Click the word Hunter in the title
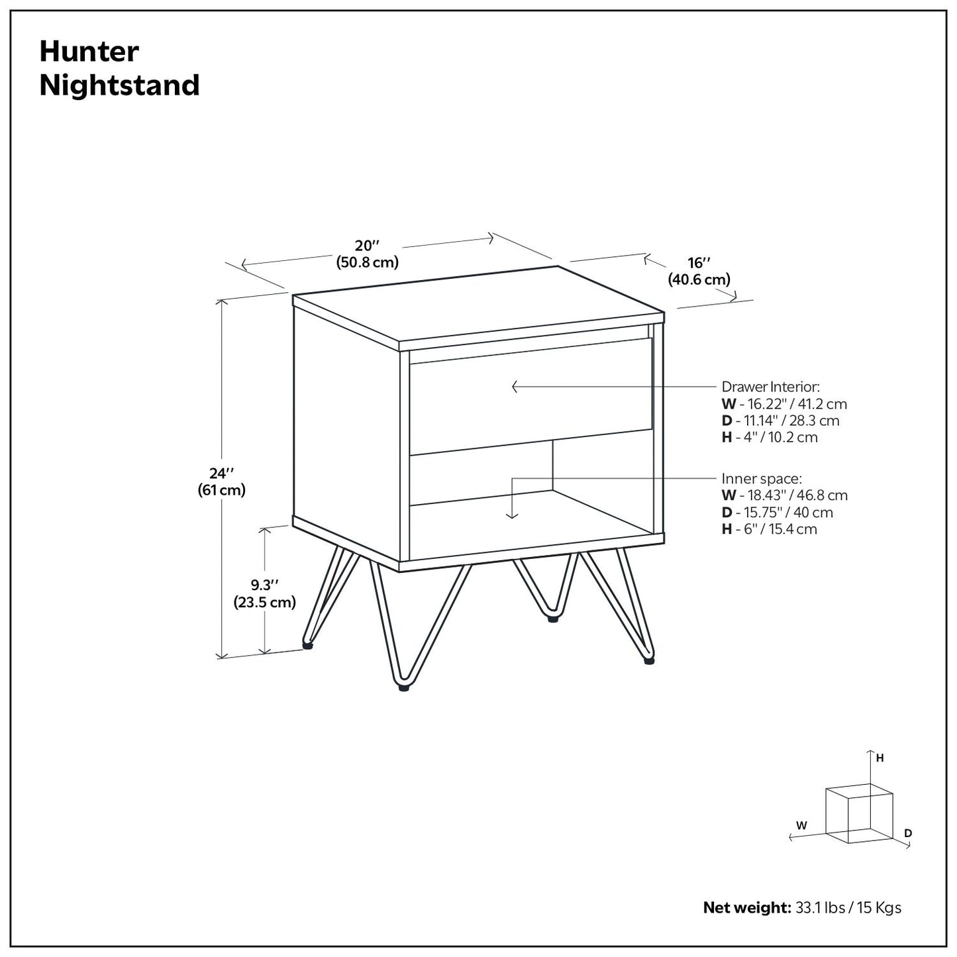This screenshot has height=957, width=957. click(x=89, y=52)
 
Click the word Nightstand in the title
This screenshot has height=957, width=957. click(x=119, y=85)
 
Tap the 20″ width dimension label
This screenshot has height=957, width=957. click(x=367, y=245)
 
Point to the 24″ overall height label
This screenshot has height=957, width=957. click(x=221, y=474)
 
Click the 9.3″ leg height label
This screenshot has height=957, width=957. click(x=264, y=585)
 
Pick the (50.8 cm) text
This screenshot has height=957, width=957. click(x=368, y=262)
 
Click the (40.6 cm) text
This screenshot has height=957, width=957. click(x=699, y=279)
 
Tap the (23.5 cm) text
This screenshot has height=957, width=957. click(x=264, y=602)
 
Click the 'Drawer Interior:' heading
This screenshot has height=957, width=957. click(x=770, y=387)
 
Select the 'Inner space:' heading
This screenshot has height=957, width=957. click(x=762, y=479)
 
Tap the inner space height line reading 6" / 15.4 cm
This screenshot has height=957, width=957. click(x=769, y=529)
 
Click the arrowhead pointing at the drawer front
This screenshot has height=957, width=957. click(x=515, y=387)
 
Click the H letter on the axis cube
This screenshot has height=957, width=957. click(x=880, y=758)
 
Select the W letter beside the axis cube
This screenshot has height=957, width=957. click(x=801, y=825)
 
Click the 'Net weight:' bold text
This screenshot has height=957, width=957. click(x=746, y=907)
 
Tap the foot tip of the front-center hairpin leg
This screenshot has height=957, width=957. click(x=403, y=688)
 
